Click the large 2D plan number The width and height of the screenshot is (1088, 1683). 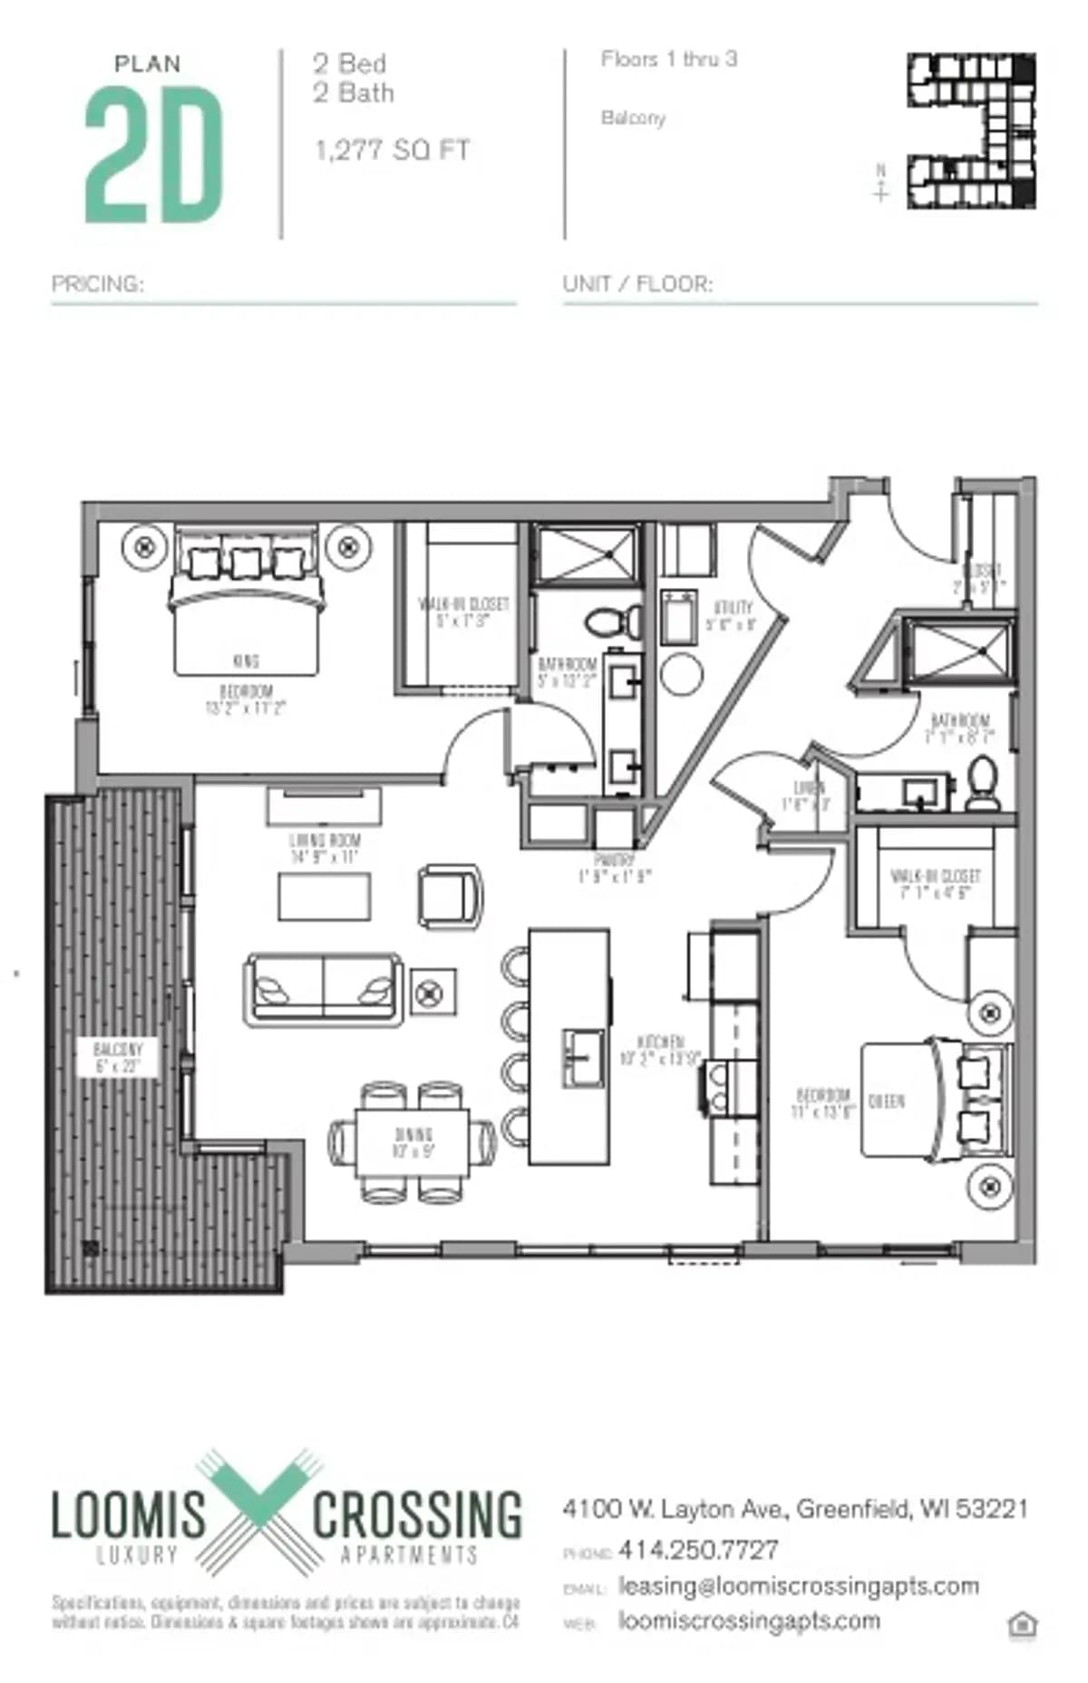153,155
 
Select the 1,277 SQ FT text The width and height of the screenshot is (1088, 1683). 392,150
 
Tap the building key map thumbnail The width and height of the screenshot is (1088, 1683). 971,131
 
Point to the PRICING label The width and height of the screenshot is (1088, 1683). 97,284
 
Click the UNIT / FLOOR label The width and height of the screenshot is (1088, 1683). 637,284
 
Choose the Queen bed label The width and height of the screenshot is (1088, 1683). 886,1101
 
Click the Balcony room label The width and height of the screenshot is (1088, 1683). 118,1058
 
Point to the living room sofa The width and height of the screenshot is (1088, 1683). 324,989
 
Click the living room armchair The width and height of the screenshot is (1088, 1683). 450,896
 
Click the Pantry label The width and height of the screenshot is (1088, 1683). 614,867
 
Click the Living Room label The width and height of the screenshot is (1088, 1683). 324,847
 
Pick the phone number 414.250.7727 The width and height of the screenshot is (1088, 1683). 698,1550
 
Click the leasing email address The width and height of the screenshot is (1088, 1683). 798,1586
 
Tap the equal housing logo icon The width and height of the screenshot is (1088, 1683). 1022,1625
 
